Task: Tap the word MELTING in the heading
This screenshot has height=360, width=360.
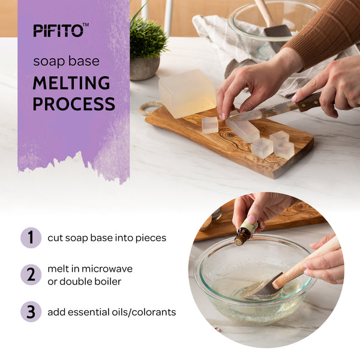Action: click(71, 83)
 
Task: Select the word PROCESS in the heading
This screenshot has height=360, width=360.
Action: click(74, 104)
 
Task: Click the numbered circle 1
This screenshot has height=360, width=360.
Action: click(31, 238)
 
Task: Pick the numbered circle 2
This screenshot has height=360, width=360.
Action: click(31, 275)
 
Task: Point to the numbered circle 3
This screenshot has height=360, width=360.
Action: click(31, 311)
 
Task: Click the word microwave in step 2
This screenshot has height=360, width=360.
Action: click(107, 269)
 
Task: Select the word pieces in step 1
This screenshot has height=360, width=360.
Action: click(151, 238)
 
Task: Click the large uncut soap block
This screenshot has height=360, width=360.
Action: click(187, 94)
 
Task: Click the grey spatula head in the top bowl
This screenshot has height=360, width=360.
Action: click(278, 31)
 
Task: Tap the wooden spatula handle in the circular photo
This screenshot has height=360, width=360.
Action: click(305, 262)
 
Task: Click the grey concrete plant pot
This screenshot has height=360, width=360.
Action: click(145, 68)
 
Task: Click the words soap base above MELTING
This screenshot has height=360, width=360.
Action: click(67, 61)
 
